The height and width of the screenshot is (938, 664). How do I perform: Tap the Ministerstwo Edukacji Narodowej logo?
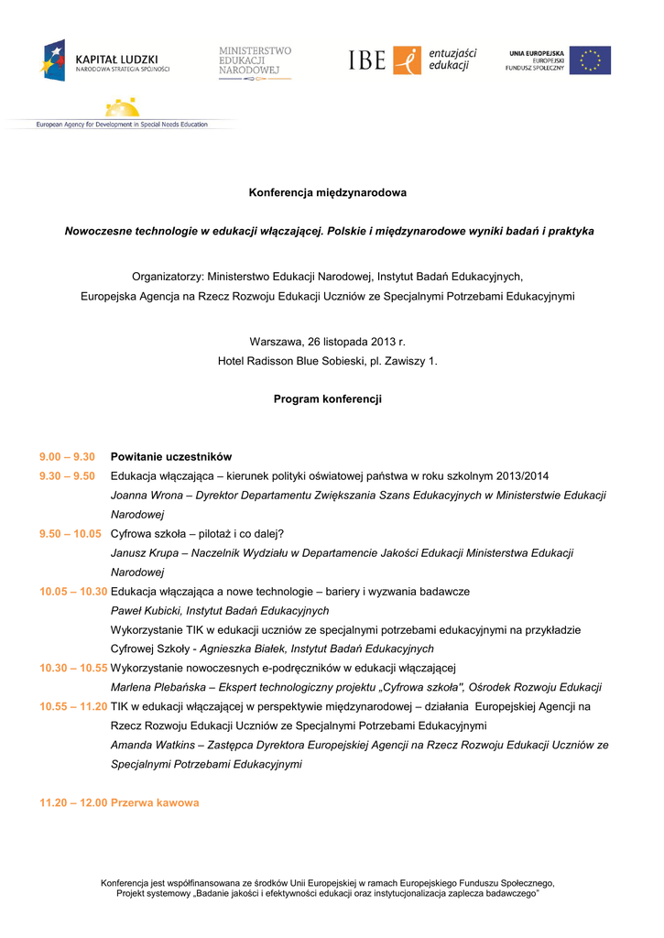[254, 62]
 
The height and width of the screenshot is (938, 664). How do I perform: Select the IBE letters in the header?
[367, 60]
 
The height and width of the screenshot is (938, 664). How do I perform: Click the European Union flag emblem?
[590, 60]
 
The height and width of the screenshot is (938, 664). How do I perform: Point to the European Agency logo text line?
[122, 124]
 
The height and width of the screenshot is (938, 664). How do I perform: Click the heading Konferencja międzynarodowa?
[328, 193]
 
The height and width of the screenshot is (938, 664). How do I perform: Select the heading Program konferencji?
[328, 399]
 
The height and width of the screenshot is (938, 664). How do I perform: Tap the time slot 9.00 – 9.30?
[67, 457]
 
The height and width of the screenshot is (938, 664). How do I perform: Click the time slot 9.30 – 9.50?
[67, 476]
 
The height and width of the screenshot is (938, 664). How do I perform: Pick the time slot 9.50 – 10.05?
[70, 534]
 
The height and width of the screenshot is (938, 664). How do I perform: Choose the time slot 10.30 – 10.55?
[73, 668]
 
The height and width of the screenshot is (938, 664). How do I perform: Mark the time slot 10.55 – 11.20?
[73, 706]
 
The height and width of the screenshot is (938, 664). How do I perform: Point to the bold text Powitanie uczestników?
[171, 457]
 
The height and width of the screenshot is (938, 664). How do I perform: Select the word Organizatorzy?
[167, 276]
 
